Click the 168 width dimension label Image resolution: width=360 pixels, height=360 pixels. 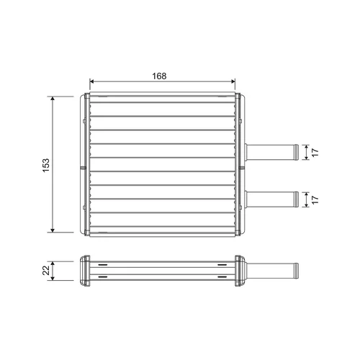coord(159,76)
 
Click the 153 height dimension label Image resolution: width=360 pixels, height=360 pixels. coord(45,165)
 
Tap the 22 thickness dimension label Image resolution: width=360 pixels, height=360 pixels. coord(45,270)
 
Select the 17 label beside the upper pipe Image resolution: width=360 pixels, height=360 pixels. coord(315,153)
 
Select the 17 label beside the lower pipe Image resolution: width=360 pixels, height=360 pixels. coord(315,199)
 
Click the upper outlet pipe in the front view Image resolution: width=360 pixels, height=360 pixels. coord(271,153)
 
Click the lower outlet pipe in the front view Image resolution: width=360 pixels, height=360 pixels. coord(271,199)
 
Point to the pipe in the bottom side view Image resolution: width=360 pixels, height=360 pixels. coord(272,271)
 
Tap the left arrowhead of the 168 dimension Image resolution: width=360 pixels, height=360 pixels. coord(91,81)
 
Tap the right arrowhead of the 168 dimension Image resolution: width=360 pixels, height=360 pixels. coord(233,81)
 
